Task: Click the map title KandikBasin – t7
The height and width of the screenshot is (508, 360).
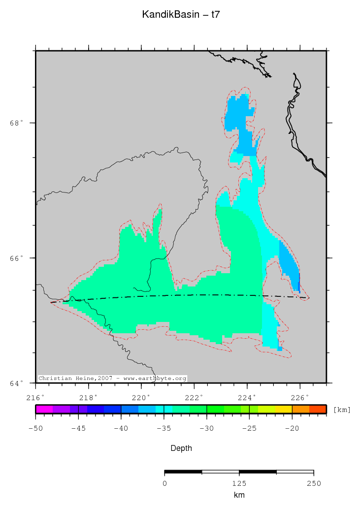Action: pos(181,15)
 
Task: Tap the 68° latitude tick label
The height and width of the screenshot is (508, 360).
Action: pos(17,123)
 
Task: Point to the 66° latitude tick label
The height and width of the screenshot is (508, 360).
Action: pos(17,258)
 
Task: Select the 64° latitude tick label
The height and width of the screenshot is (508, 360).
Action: pos(17,383)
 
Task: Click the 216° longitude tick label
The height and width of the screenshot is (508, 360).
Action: pos(35,397)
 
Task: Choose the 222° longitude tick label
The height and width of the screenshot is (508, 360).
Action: pos(194,397)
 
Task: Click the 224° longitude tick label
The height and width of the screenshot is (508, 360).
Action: pos(247,397)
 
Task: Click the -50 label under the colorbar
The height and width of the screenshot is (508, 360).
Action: pos(35,428)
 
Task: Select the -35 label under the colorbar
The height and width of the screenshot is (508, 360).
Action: pos(164,428)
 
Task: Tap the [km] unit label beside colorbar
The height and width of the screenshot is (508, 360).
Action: pos(342,410)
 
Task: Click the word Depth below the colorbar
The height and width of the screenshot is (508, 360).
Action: pos(181,448)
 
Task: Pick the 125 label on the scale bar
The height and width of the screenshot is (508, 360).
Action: pos(239,483)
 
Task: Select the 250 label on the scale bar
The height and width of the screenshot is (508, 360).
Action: pos(313,483)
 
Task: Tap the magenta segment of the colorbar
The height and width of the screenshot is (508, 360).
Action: pos(44,409)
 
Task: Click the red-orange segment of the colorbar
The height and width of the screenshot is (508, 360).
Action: pos(318,409)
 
